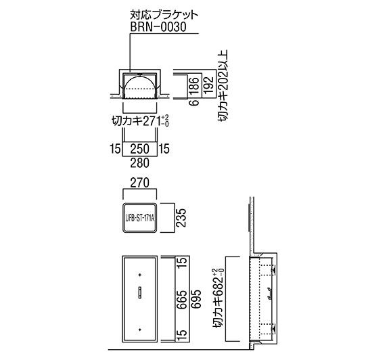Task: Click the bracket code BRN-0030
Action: coord(158,27)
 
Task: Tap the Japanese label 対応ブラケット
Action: coord(164,16)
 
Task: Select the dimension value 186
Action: coord(195,86)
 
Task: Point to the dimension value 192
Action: coord(208,85)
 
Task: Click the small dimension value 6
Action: coord(195,102)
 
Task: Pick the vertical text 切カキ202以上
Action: coord(223,85)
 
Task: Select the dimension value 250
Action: coord(139,149)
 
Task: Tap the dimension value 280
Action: coord(139,162)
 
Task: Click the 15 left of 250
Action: coord(115,149)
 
